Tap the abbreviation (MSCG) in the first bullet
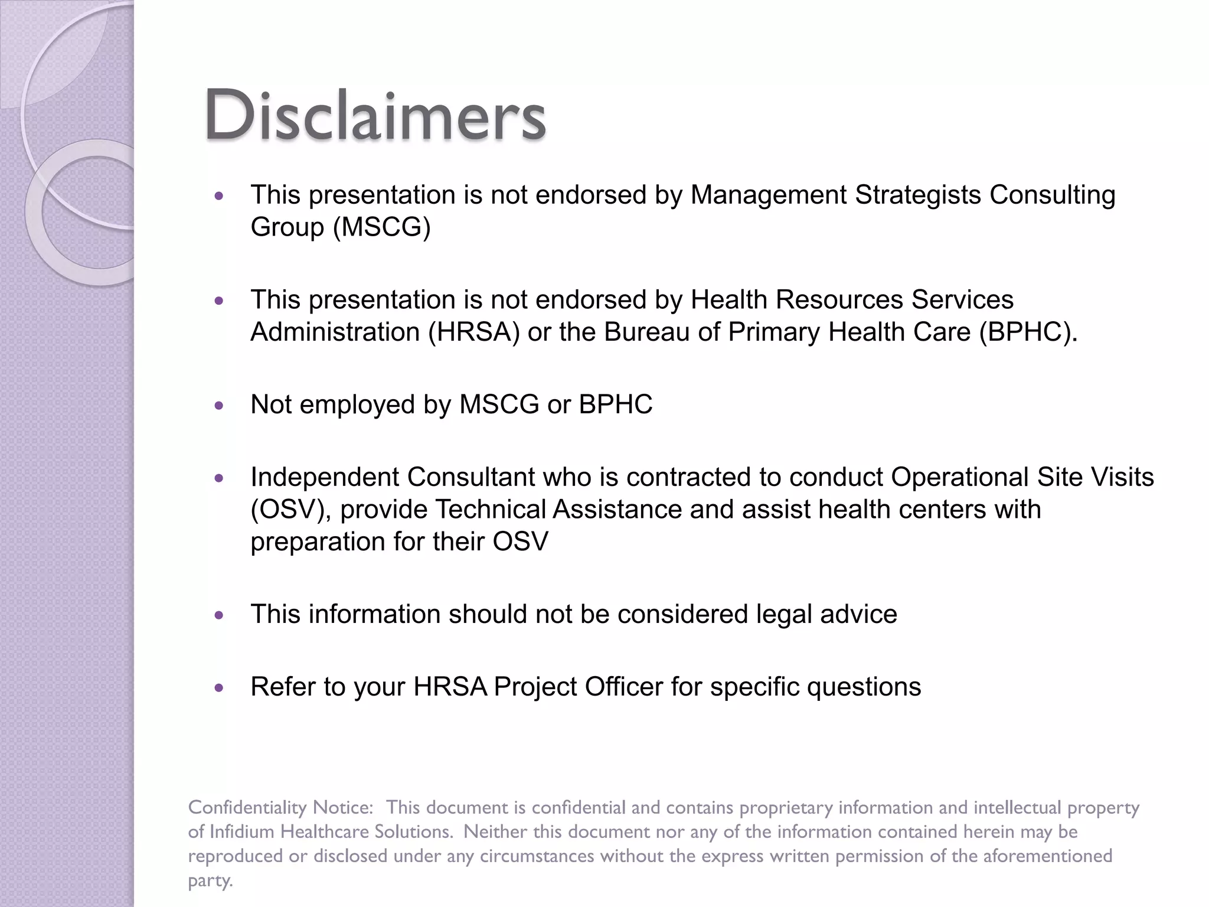click(382, 227)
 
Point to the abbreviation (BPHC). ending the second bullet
click(1028, 332)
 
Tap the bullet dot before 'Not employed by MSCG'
click(220, 406)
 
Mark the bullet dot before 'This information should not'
click(220, 615)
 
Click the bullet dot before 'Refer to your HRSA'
click(220, 688)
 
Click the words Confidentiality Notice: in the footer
click(280, 808)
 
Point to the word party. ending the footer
click(210, 881)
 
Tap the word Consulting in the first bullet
click(1052, 195)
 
